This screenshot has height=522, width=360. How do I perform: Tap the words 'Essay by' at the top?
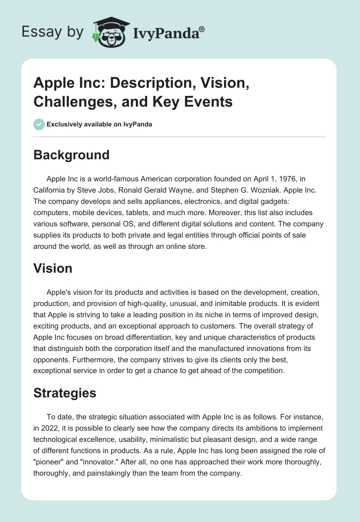53,32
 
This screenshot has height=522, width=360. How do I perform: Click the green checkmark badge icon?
39,124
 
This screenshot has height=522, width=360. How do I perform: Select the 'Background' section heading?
72,155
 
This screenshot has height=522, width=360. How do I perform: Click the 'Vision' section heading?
53,268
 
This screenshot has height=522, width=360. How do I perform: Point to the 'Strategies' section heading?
65,393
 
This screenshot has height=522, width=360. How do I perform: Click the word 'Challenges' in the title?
65,102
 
